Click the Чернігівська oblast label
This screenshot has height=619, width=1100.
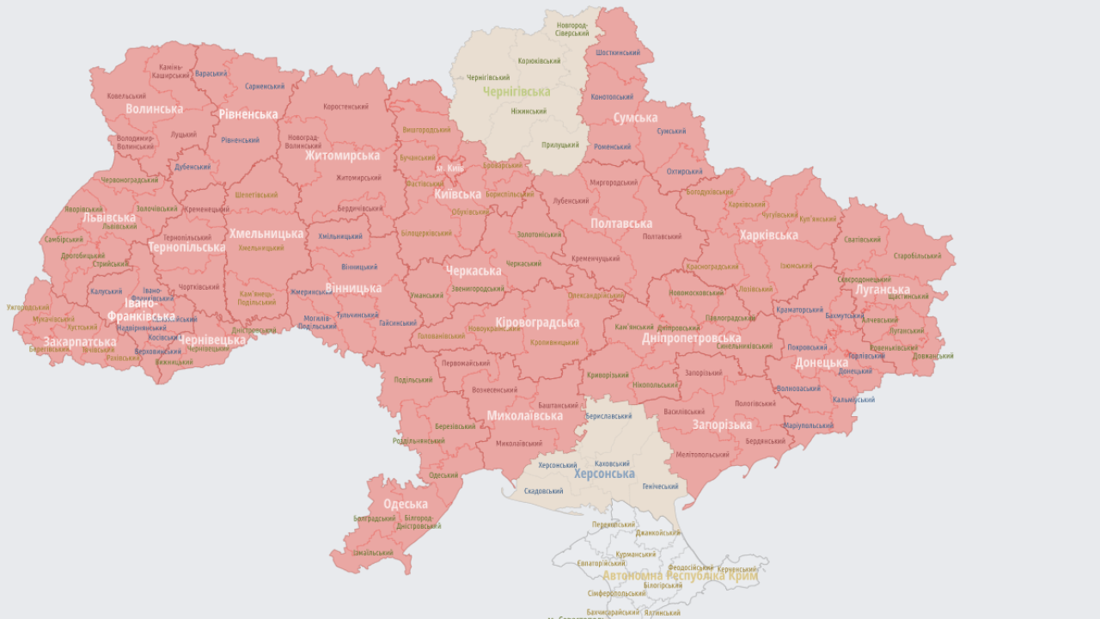click(x=516, y=92)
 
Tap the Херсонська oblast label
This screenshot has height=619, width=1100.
click(x=604, y=474)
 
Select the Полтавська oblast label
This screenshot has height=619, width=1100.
click(x=620, y=224)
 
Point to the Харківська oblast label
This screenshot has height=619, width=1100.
click(x=768, y=235)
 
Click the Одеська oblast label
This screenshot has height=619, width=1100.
click(x=406, y=504)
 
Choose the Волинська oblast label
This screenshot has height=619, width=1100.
click(x=154, y=109)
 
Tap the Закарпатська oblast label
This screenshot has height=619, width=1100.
click(x=79, y=342)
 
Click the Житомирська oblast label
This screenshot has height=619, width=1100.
click(x=342, y=156)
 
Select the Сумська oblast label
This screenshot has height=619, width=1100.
click(x=635, y=118)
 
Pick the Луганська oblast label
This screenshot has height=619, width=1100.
click(x=882, y=290)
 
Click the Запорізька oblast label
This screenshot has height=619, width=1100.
click(x=722, y=425)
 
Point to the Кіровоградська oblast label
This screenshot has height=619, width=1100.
click(x=537, y=322)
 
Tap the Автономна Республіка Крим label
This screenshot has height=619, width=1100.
click(x=680, y=576)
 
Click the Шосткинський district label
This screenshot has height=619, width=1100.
click(x=617, y=52)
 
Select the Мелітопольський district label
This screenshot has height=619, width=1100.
click(x=702, y=454)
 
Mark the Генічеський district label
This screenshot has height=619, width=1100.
click(x=660, y=487)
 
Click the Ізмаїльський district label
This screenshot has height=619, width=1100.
click(x=372, y=553)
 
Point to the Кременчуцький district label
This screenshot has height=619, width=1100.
click(x=596, y=258)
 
